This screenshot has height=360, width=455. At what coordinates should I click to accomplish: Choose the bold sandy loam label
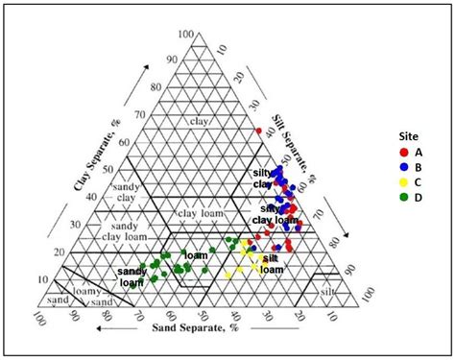point(132,277)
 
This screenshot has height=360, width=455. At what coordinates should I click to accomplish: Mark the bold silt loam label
point(272,264)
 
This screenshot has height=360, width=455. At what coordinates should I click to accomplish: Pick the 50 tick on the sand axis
point(203,315)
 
